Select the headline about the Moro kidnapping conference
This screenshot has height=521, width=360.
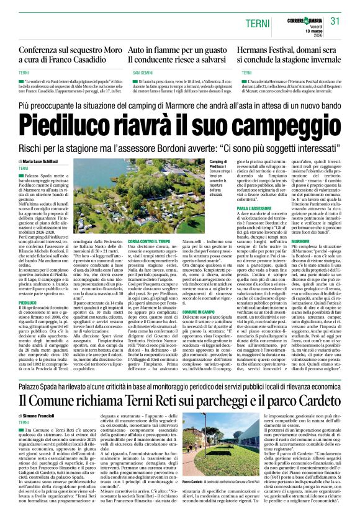(69, 54)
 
